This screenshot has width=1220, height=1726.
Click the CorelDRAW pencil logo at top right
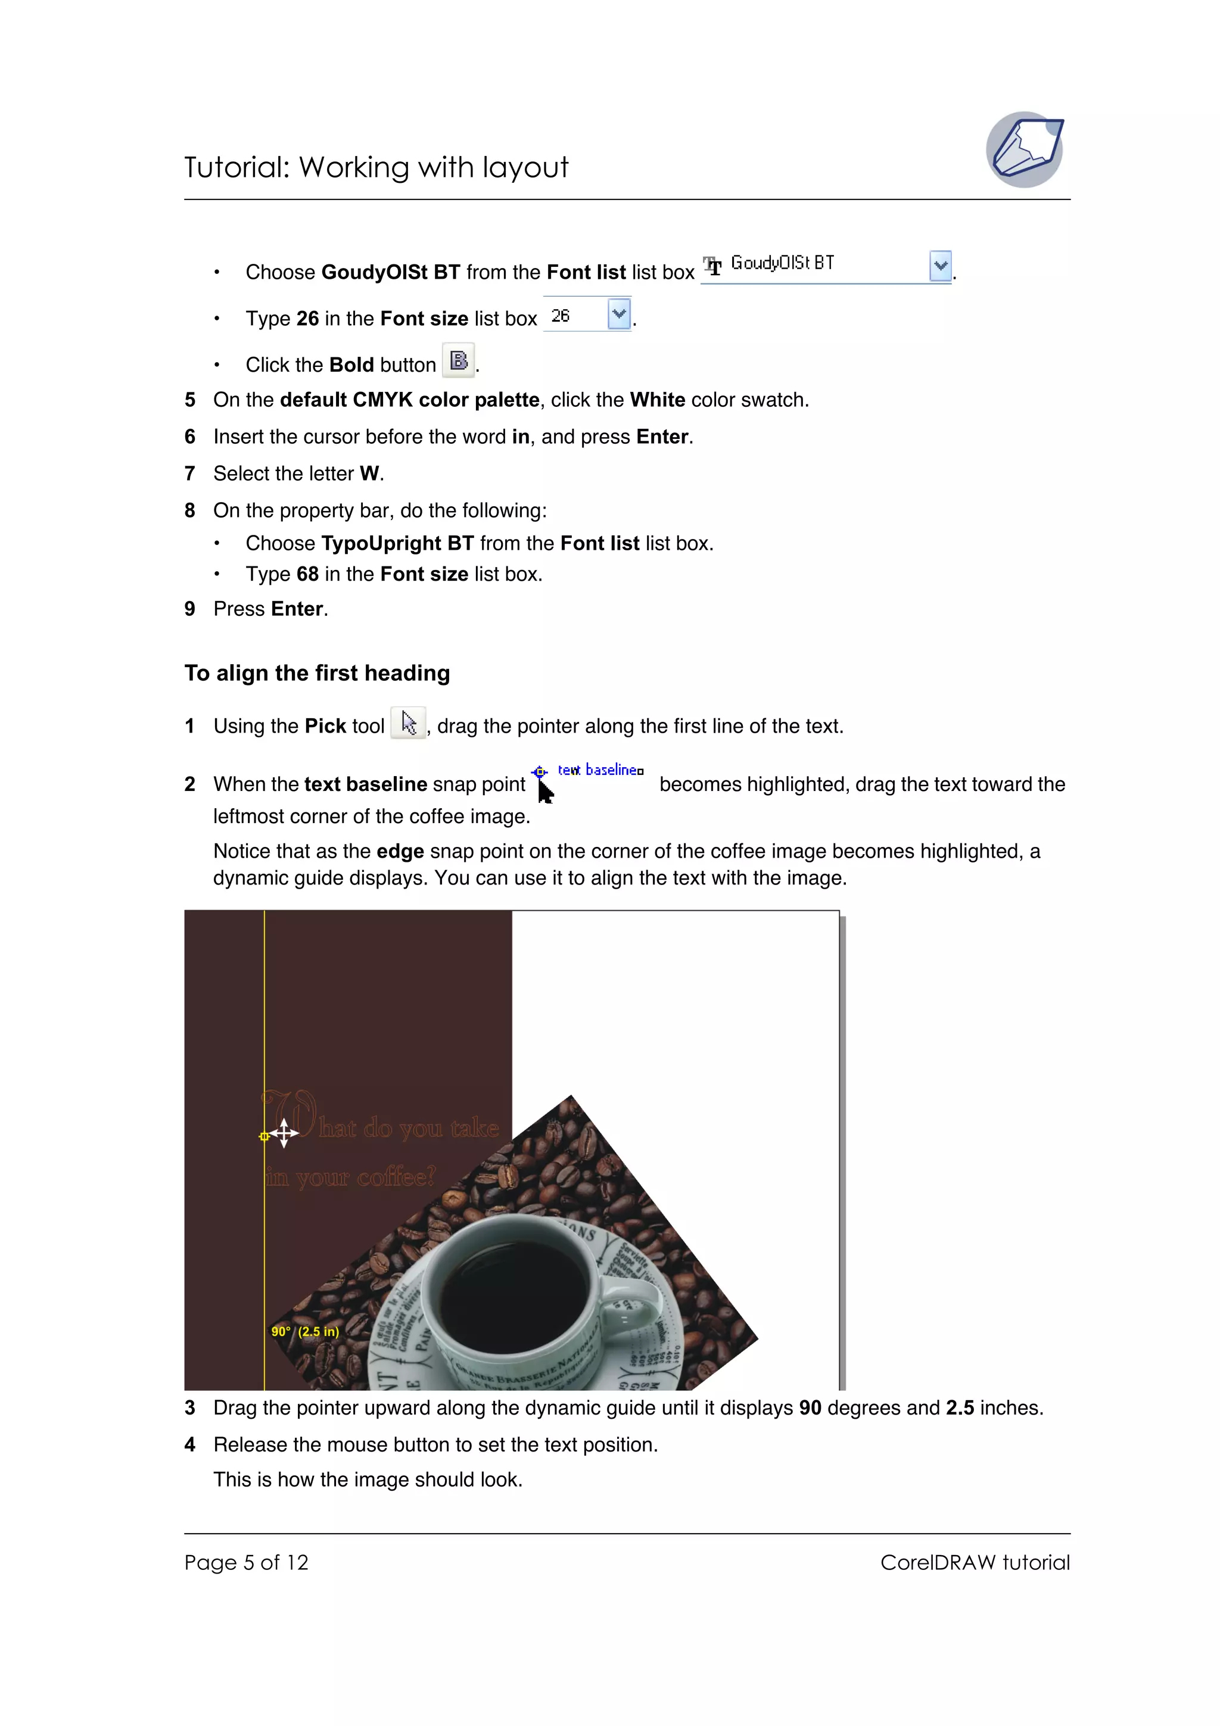coord(1025,149)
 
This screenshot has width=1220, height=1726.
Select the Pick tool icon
coord(408,723)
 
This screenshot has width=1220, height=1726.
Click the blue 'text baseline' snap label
coord(600,769)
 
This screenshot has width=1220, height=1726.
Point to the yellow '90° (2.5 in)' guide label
coord(305,1331)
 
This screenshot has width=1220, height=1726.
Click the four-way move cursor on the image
coord(284,1133)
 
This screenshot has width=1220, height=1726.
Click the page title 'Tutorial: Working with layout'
coord(376,167)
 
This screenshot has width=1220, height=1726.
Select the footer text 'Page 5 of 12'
coord(246,1562)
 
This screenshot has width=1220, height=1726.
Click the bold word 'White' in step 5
coord(657,399)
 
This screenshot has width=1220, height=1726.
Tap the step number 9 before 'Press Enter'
coord(190,608)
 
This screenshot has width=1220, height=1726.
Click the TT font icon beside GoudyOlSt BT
coord(712,266)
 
